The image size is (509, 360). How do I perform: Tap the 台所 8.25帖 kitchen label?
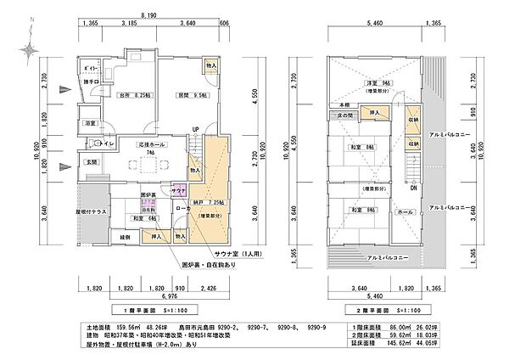click(135, 95)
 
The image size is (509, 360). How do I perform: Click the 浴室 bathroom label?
click(90, 125)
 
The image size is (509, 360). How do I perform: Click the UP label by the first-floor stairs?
click(194, 130)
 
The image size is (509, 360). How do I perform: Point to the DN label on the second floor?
click(412, 188)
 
